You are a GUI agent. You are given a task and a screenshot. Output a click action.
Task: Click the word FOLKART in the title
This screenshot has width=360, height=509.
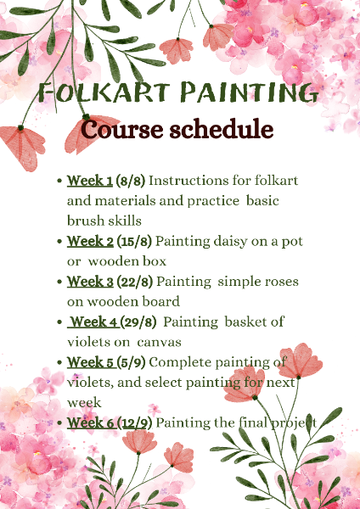tap(104, 92)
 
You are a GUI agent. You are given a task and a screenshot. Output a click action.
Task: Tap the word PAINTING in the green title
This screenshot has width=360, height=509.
tap(250, 92)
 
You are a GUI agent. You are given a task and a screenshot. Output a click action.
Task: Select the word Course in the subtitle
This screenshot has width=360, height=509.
tap(122, 129)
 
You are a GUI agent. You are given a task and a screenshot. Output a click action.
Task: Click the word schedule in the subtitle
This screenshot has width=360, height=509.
tap(222, 129)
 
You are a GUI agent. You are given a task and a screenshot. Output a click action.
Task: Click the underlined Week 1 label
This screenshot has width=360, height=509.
tap(90, 181)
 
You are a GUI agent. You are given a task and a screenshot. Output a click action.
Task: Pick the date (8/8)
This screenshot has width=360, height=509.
tap(131, 181)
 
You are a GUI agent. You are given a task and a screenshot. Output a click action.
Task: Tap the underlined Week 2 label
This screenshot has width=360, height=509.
tap(90, 241)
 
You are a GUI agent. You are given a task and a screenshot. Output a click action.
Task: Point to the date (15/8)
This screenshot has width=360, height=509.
tap(134, 242)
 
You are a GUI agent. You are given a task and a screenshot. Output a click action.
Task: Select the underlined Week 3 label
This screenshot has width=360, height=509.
tap(90, 282)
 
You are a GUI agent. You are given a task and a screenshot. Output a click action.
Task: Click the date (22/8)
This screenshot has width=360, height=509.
tap(134, 282)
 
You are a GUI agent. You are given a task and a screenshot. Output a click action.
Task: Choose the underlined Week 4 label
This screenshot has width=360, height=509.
tap(93, 322)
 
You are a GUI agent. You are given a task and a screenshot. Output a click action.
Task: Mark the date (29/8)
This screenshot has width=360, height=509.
tap(138, 322)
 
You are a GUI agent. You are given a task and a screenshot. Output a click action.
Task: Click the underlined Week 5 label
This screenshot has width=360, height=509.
tap(92, 362)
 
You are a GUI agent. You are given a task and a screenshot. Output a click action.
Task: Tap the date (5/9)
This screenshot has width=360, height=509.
tap(132, 362)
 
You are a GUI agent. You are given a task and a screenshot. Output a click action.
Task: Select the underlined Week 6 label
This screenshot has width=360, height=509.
tap(92, 422)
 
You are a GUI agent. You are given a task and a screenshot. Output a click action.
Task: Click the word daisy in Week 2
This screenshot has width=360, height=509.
tap(230, 242)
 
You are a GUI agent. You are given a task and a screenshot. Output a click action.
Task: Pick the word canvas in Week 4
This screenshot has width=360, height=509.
tap(159, 343)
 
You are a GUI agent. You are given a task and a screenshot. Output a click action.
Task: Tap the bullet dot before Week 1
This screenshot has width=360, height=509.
tap(59, 181)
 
